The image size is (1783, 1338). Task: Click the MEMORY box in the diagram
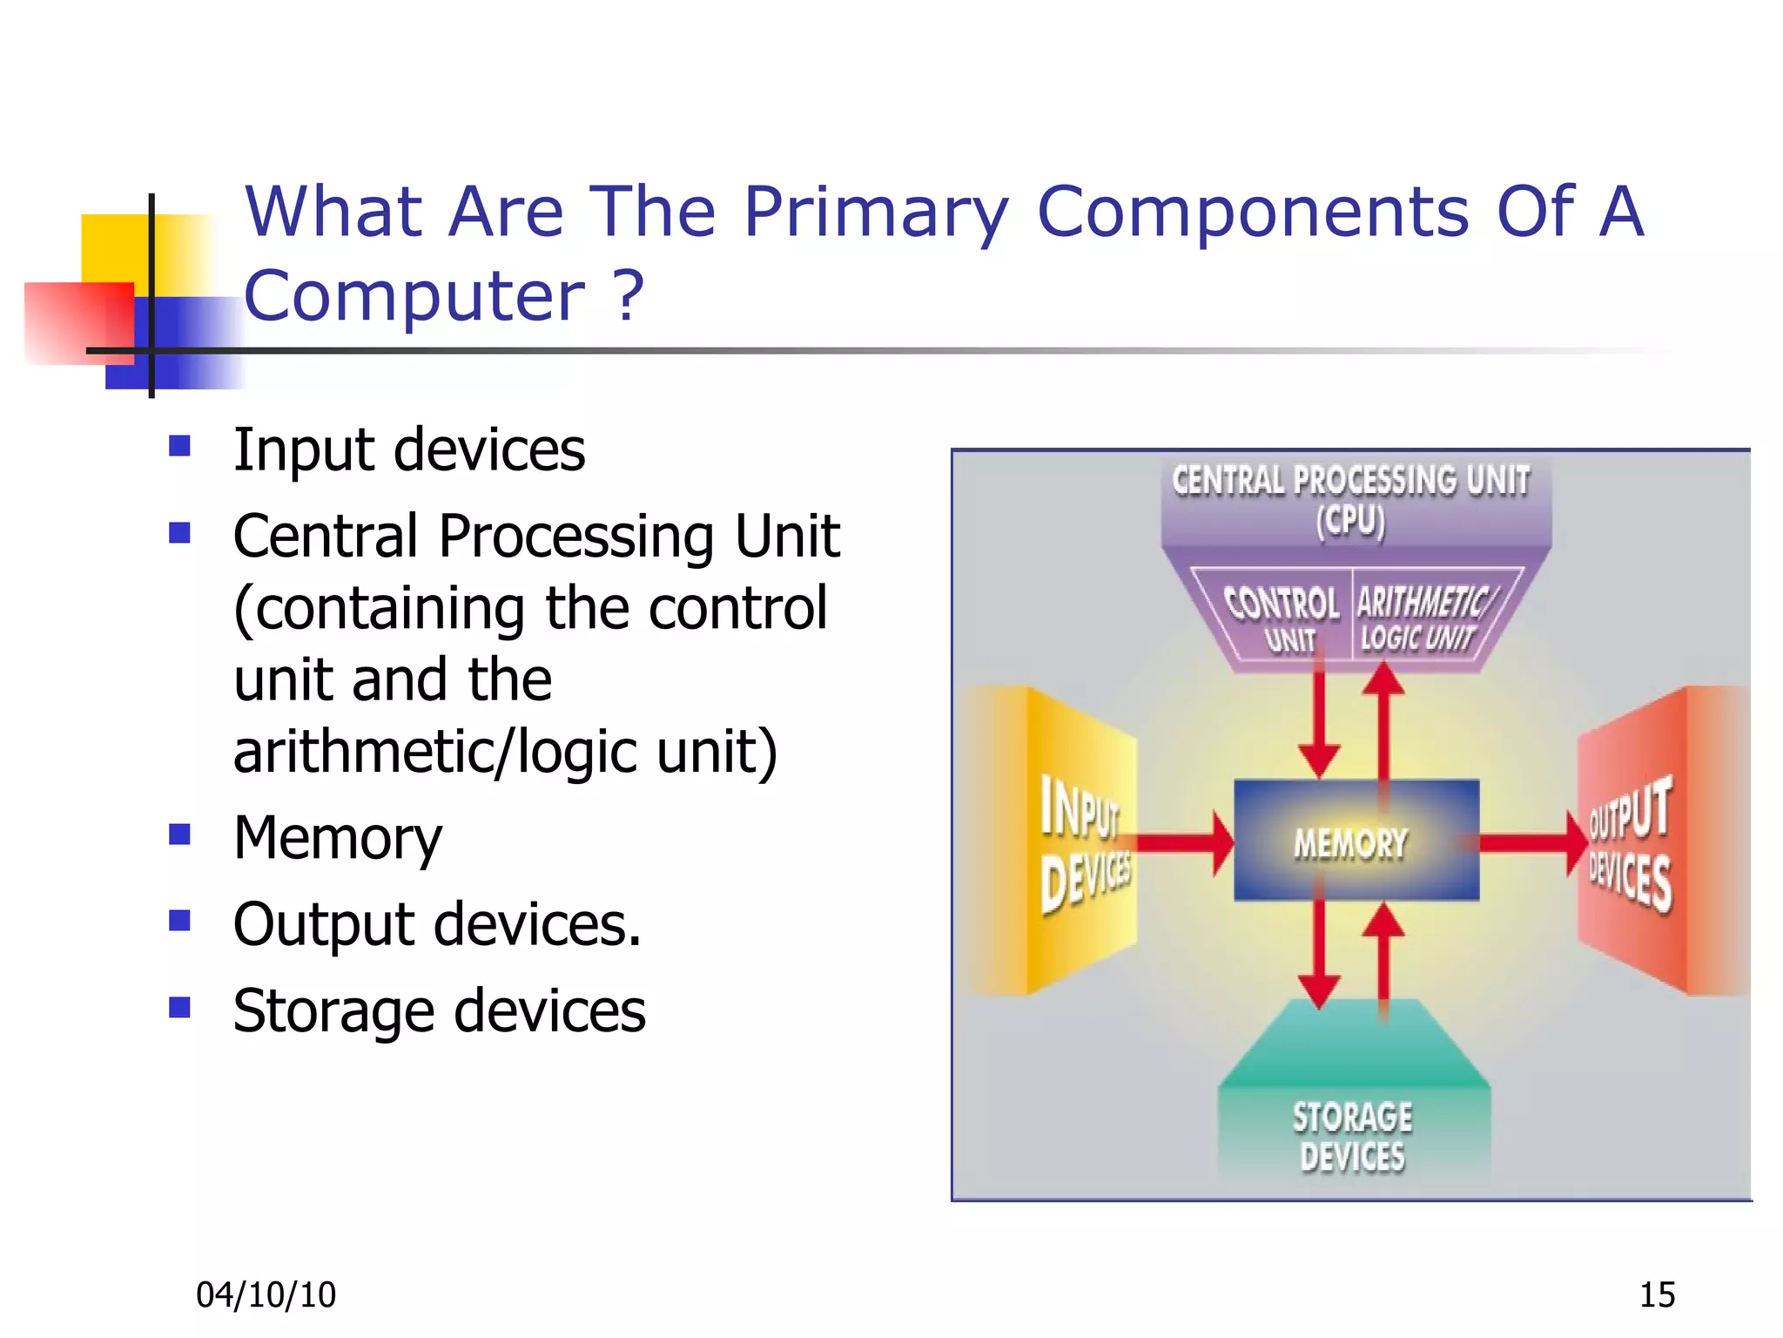coord(1356,841)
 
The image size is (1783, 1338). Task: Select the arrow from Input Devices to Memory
coord(1184,842)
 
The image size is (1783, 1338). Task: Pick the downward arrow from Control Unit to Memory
coord(1319,723)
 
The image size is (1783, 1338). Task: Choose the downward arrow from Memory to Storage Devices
coord(1319,954)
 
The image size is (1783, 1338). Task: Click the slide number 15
coord(1657,1294)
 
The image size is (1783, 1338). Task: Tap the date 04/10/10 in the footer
coord(266,1294)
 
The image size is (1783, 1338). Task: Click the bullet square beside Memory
coord(180,835)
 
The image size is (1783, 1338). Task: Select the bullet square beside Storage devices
coord(180,1008)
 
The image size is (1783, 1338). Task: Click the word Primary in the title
coord(876,213)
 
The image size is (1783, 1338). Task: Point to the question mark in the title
coord(629,295)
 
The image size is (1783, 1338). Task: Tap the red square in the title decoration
coord(78,322)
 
